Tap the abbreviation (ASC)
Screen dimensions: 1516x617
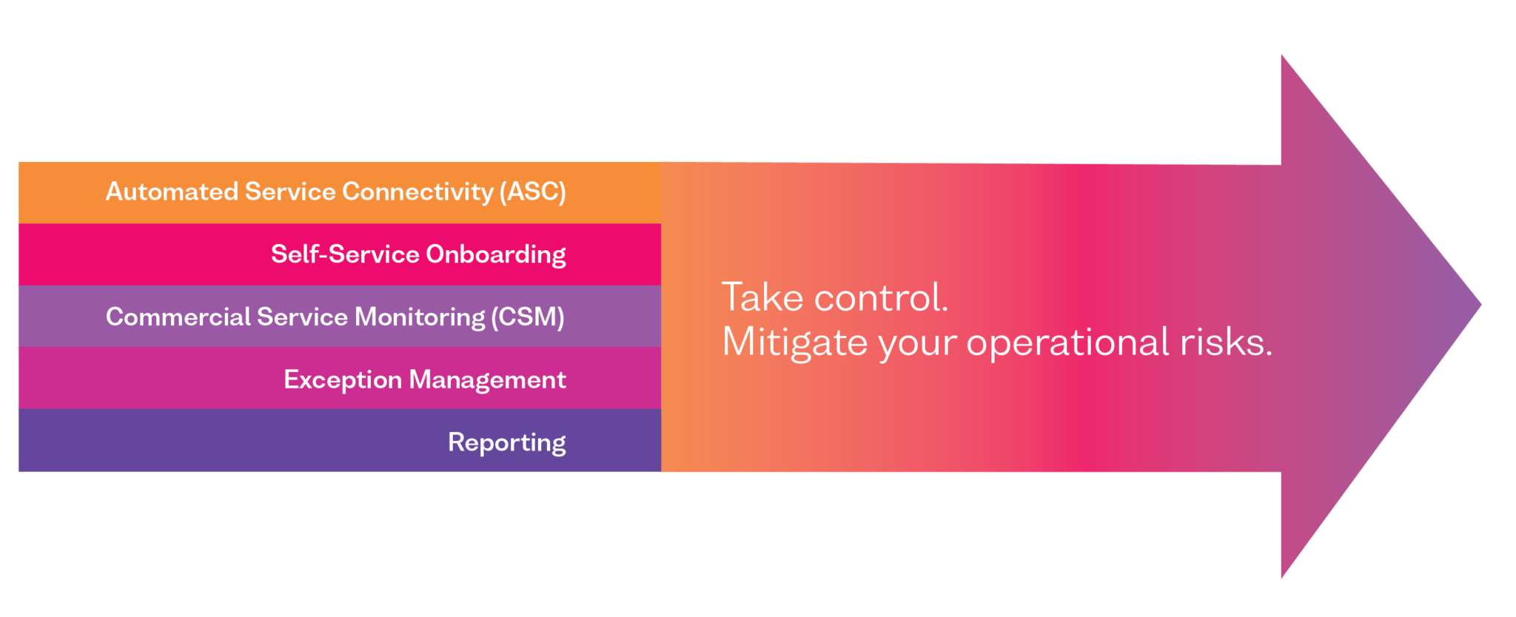(x=532, y=192)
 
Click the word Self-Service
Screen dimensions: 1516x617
(x=345, y=254)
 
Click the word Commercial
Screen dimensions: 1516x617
(x=178, y=317)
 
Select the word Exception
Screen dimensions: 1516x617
(x=343, y=380)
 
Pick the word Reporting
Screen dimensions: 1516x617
(x=507, y=443)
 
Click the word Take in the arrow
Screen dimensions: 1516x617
(x=762, y=297)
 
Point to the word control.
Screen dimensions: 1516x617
(x=881, y=297)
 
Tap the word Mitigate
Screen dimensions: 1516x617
(x=795, y=343)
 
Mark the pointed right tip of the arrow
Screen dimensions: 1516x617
(x=1481, y=304)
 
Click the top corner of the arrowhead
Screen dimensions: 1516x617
(x=1281, y=55)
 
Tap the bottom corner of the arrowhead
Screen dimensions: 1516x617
(x=1281, y=578)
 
